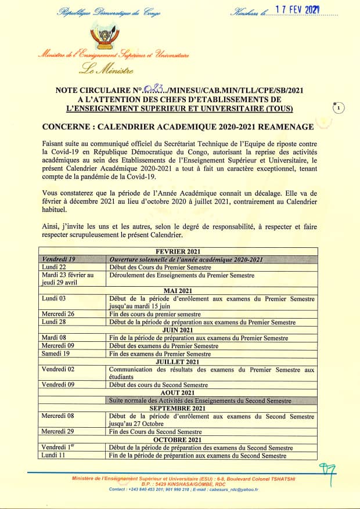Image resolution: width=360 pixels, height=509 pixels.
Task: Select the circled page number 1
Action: click(x=338, y=108)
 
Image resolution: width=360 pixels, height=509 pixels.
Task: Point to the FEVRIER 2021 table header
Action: click(x=178, y=251)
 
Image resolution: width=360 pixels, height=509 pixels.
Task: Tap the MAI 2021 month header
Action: click(x=178, y=290)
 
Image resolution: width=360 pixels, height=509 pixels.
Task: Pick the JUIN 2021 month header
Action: click(x=178, y=330)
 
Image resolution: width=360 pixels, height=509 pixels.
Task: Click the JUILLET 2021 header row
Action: click(x=178, y=362)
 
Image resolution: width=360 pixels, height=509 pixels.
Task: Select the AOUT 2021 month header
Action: click(x=178, y=393)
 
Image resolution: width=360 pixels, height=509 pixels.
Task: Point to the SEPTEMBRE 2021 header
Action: click(x=178, y=409)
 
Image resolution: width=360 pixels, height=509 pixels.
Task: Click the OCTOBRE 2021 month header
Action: click(x=178, y=440)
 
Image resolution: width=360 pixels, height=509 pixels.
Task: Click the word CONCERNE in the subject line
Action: click(x=67, y=127)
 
